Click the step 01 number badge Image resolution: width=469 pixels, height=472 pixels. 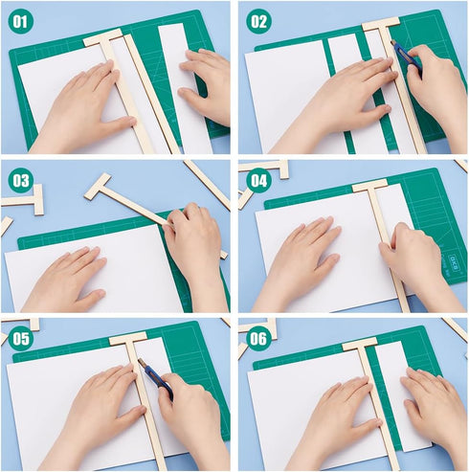[x=21, y=21]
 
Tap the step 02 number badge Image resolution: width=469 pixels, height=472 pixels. [x=258, y=21]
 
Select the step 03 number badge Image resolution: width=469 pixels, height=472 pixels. [x=21, y=179]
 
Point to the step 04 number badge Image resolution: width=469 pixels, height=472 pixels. [x=258, y=179]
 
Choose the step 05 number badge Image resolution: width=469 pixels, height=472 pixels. [x=21, y=337]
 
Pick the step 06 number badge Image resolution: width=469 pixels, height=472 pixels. [x=258, y=337]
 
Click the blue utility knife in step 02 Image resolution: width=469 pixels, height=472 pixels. [x=404, y=56]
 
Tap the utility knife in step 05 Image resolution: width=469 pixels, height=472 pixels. [x=153, y=375]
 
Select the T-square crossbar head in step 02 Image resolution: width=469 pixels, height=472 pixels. [x=380, y=23]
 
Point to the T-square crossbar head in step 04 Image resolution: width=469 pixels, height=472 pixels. [x=369, y=185]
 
